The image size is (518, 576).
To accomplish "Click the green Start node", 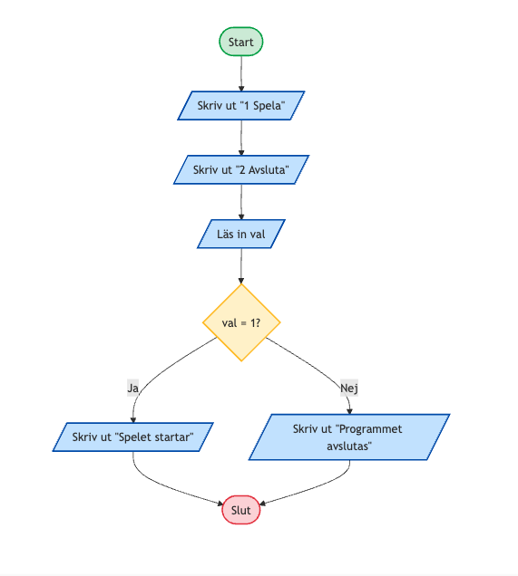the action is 241,42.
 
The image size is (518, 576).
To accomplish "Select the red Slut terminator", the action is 241,510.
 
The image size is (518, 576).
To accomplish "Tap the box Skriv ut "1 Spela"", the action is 241,105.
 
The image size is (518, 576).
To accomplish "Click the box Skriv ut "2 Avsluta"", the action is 241,169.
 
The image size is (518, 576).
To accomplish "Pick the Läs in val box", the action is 241,234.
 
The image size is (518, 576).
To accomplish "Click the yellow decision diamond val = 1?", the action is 241,322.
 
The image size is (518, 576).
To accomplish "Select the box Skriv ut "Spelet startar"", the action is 132,437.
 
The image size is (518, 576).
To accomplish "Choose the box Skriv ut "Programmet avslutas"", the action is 349,437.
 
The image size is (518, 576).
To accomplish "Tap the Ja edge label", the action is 132,388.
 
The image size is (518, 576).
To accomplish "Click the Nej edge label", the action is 349,388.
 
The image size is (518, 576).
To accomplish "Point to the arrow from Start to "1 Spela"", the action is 241,73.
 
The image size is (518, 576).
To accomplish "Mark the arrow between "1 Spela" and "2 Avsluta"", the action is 241,138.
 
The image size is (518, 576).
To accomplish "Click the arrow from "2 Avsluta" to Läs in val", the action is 241,202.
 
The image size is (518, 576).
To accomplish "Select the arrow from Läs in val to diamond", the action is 241,266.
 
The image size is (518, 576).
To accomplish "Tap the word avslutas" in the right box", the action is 349,446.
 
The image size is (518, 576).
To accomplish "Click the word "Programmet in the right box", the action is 369,429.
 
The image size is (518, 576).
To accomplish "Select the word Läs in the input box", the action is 225,234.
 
